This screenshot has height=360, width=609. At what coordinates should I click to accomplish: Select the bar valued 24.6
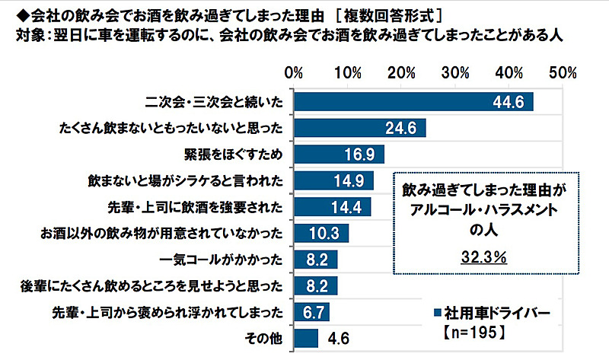pyautogui.click(x=358, y=128)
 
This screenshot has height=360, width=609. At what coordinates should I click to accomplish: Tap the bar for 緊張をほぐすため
pyautogui.click(x=338, y=154)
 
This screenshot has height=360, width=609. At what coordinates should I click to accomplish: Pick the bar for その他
pyautogui.click(x=306, y=337)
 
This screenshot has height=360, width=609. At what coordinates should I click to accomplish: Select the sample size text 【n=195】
pyautogui.click(x=470, y=333)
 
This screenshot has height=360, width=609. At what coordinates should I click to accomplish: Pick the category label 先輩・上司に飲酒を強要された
pyautogui.click(x=197, y=207)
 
